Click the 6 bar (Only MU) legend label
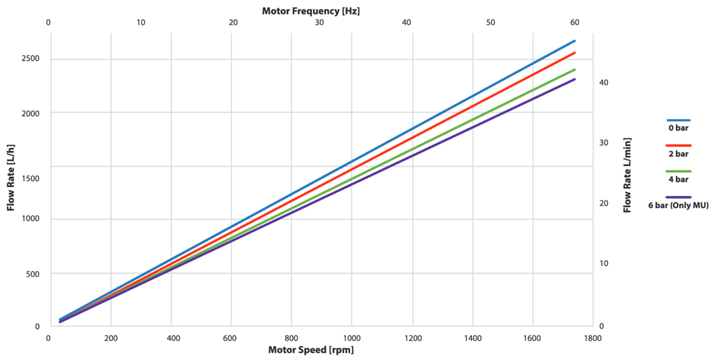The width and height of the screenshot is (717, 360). pos(678,205)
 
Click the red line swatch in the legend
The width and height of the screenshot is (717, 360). pos(678,145)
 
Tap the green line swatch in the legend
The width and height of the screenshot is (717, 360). pos(678,171)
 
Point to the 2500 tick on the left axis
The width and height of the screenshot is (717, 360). pos(29,59)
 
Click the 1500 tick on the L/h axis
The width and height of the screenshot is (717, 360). pos(29,179)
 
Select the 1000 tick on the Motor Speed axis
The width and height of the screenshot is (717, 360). pos(351,338)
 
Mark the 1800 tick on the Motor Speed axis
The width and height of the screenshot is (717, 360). pos(592,338)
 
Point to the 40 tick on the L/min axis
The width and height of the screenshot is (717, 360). pos(604,83)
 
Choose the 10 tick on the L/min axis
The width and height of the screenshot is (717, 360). pos(604,263)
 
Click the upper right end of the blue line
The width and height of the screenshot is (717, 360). pos(575,41)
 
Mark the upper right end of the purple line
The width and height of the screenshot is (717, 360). pos(575,79)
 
